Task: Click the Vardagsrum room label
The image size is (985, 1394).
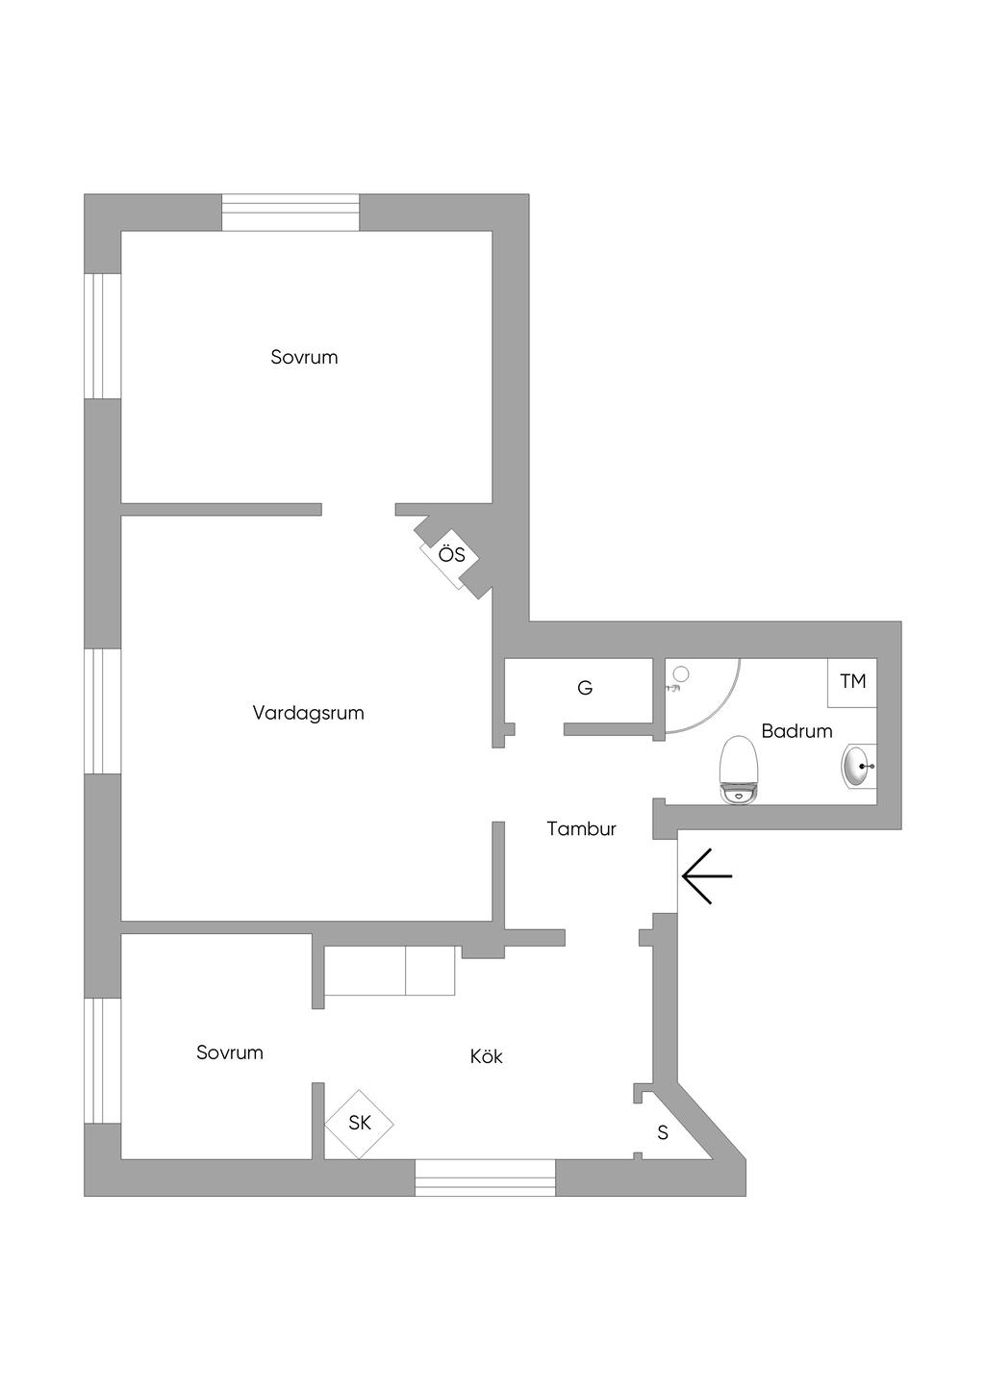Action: pyautogui.click(x=308, y=713)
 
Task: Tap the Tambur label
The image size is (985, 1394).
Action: pyautogui.click(x=581, y=829)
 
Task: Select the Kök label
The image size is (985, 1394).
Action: pyautogui.click(x=487, y=1056)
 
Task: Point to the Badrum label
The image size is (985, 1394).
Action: pyautogui.click(x=796, y=730)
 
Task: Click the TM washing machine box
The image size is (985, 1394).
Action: pyautogui.click(x=852, y=682)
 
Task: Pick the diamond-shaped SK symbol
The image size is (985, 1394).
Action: pyautogui.click(x=360, y=1125)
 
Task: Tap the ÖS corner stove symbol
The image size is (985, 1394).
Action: pyautogui.click(x=450, y=554)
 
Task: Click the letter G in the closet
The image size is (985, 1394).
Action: pyautogui.click(x=584, y=688)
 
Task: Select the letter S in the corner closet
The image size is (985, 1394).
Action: pyautogui.click(x=663, y=1132)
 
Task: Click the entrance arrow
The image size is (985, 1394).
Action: pyautogui.click(x=707, y=875)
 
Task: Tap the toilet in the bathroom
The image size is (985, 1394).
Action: pyautogui.click(x=739, y=770)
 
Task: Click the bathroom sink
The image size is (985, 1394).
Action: pyautogui.click(x=859, y=767)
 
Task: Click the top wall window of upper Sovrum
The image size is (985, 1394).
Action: pyautogui.click(x=290, y=213)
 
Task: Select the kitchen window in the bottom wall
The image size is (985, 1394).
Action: pyautogui.click(x=485, y=1178)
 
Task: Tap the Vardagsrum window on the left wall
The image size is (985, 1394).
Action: pyautogui.click(x=103, y=711)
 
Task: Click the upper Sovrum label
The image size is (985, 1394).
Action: pyautogui.click(x=304, y=357)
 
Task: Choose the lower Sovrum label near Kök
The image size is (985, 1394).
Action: pyautogui.click(x=230, y=1052)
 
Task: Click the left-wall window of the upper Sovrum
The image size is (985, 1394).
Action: pyautogui.click(x=103, y=336)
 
